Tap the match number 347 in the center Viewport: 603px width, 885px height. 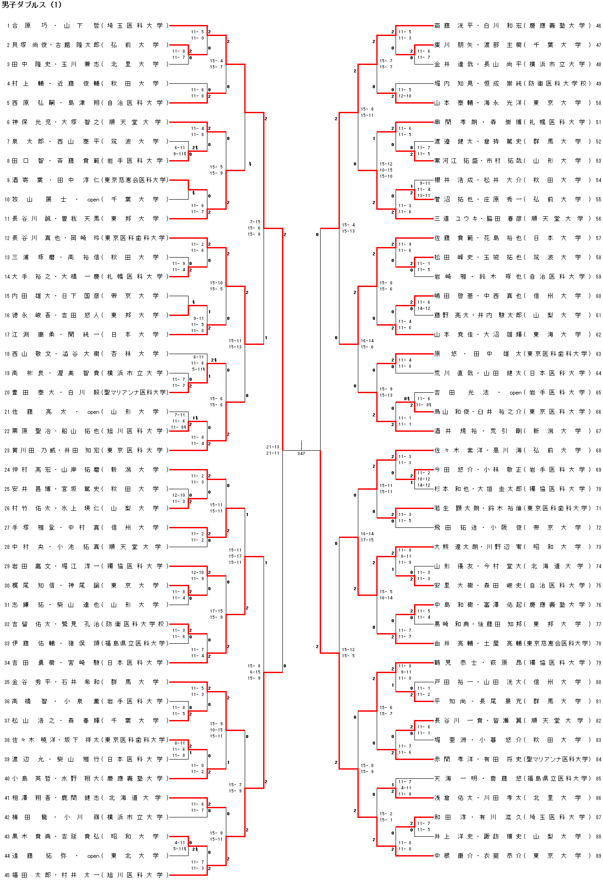point(301,453)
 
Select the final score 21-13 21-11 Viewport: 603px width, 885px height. point(272,450)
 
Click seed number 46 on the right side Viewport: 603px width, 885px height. point(598,26)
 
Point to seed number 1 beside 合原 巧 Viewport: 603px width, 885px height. point(8,26)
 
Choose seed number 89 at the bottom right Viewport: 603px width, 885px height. point(598,856)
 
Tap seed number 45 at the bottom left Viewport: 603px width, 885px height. point(7,875)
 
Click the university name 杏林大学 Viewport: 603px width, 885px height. point(135,354)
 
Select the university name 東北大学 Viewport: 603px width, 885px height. point(135,856)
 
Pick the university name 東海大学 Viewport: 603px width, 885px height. point(557,334)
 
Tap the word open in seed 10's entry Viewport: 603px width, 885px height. point(93,200)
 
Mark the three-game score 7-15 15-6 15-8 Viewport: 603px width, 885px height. point(254,228)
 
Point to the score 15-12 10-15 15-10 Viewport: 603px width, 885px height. point(386,170)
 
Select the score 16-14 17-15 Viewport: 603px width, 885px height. point(367,537)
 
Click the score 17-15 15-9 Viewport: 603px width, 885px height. point(216,614)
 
